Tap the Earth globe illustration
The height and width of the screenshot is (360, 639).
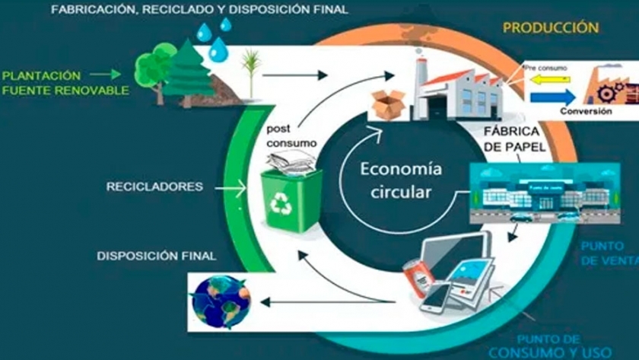pyautogui.click(x=221, y=301)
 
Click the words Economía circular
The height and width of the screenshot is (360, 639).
pyautogui.click(x=400, y=180)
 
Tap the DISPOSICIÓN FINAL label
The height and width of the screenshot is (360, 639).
pyautogui.click(x=157, y=255)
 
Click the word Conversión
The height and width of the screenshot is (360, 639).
pyautogui.click(x=586, y=112)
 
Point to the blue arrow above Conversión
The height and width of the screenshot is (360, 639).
pyautogui.click(x=548, y=97)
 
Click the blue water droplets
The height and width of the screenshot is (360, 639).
pyautogui.click(x=215, y=38)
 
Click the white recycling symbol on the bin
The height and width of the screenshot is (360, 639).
pyautogui.click(x=281, y=203)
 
